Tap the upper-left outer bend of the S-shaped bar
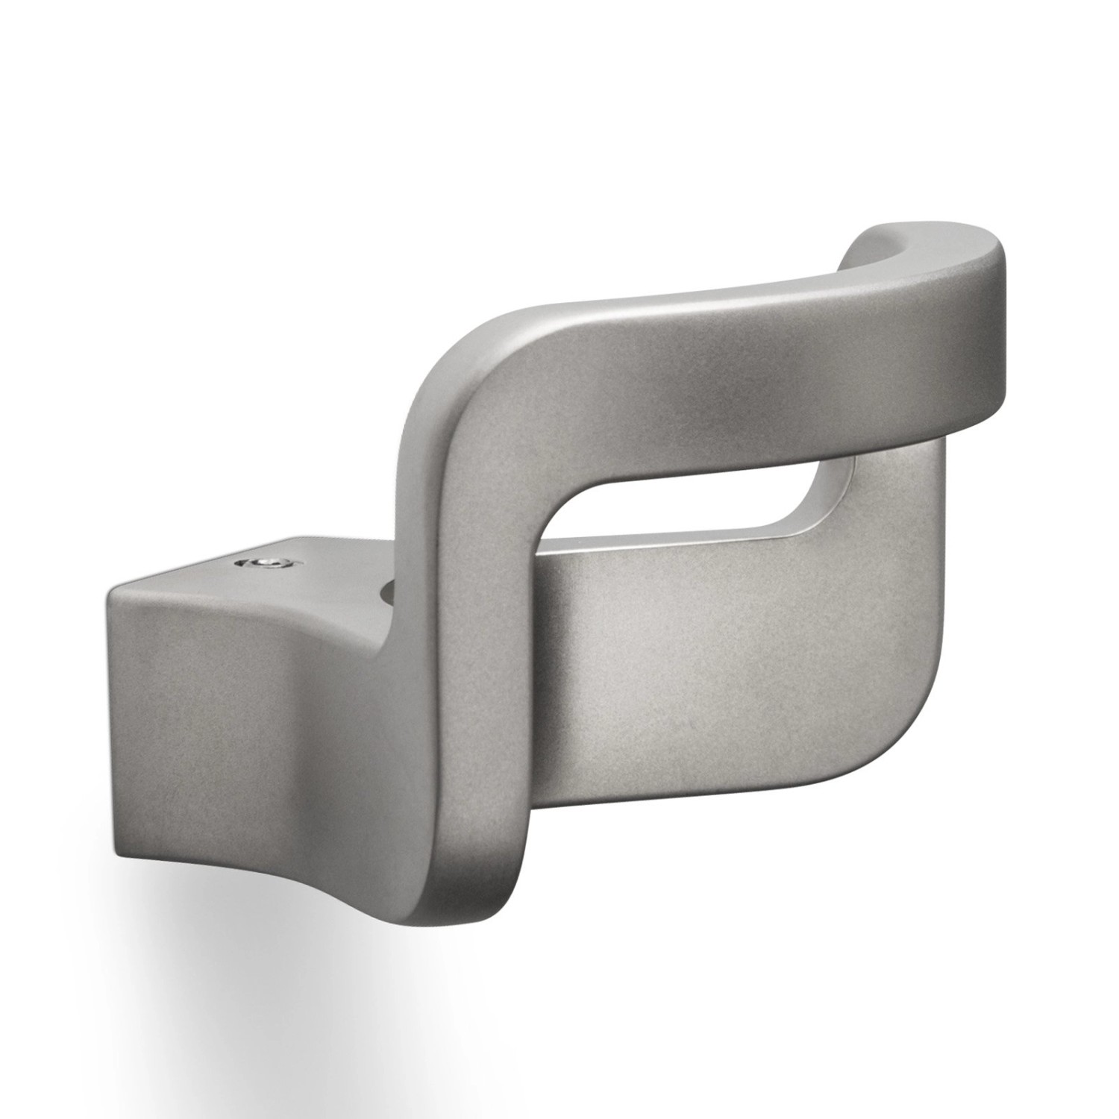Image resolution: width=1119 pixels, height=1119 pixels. pos(455,358)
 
